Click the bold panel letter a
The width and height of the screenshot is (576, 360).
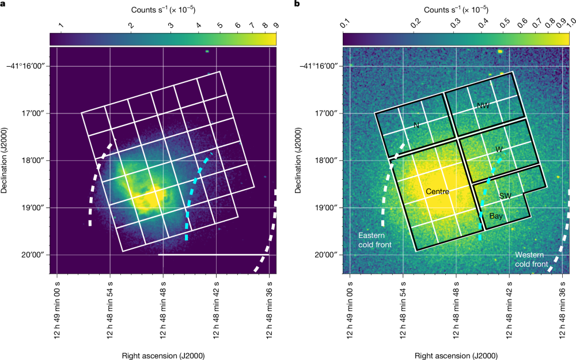coord(3,5)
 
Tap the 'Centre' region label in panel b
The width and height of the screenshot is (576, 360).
coord(438,191)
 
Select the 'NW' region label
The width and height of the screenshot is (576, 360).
coord(483,105)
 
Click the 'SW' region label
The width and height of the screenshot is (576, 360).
coord(506,196)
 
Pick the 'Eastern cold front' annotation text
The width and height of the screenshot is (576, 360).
coord(375,240)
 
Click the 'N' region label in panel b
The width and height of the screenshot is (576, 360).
coord(416,124)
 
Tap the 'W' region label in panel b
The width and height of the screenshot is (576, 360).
coord(499,149)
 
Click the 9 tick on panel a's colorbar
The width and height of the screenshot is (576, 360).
coord(276,25)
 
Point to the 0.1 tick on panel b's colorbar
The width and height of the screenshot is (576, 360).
coord(346,25)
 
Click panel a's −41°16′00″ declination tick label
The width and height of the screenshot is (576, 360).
coord(26,66)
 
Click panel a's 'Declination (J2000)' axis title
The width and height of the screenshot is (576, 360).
coord(5,161)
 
